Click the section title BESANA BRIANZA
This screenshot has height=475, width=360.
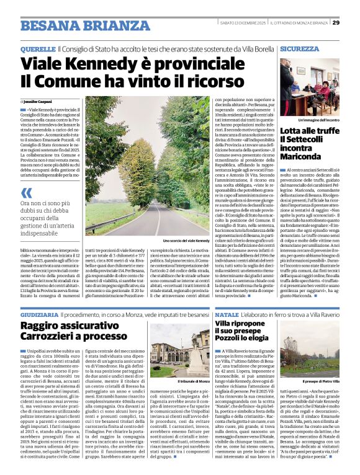coord(76,25)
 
